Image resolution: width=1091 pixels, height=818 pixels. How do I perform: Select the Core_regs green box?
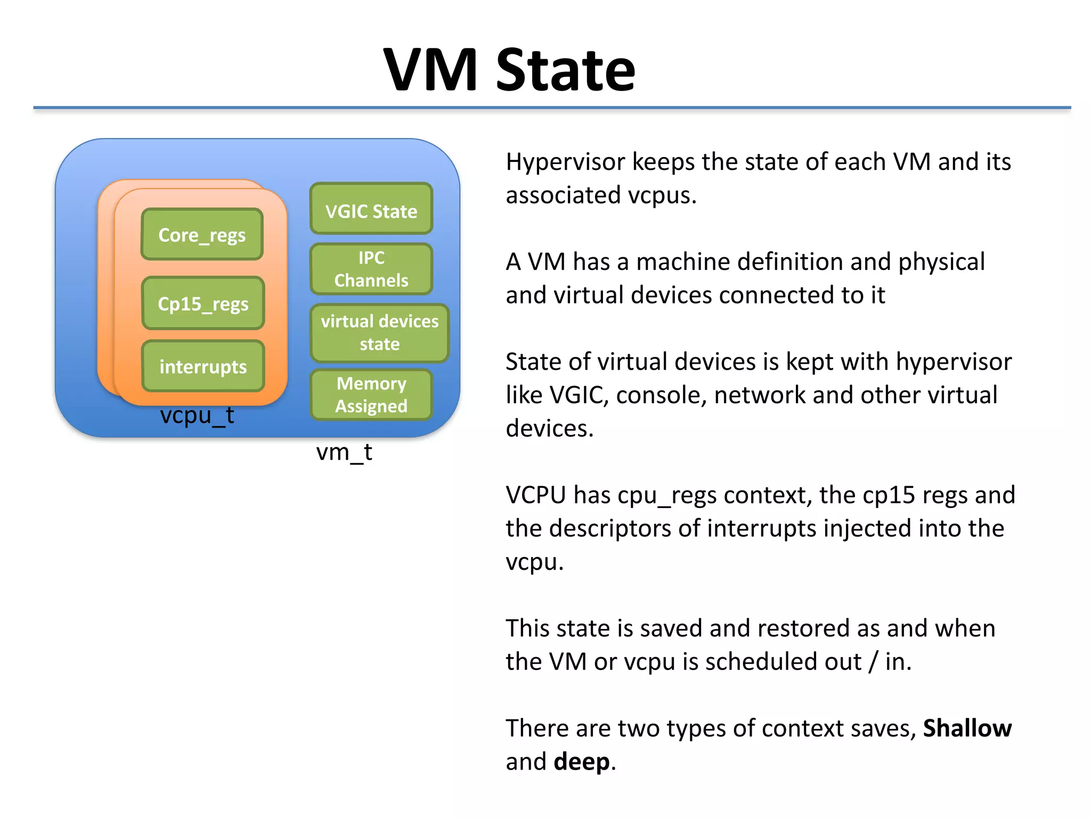pyautogui.click(x=202, y=235)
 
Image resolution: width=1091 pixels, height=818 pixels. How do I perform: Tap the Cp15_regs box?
pyautogui.click(x=203, y=304)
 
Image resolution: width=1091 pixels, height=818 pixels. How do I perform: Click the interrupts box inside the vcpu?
pyautogui.click(x=203, y=366)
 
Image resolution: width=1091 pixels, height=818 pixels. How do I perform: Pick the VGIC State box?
pyautogui.click(x=371, y=211)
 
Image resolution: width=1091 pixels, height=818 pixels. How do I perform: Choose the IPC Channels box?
pyautogui.click(x=371, y=269)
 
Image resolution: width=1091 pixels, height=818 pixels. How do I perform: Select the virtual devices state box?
pyautogui.click(x=379, y=332)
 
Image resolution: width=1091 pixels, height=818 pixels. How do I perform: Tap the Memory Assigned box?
pyautogui.click(x=371, y=395)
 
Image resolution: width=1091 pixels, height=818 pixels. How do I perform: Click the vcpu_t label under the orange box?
pyautogui.click(x=197, y=415)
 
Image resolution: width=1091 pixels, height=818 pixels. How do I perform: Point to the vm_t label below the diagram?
pyautogui.click(x=344, y=452)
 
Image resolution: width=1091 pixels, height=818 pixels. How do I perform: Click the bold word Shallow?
pyautogui.click(x=967, y=729)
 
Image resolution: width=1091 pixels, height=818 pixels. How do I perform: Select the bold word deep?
pyautogui.click(x=581, y=762)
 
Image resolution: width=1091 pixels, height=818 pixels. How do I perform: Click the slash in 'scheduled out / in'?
pyautogui.click(x=873, y=662)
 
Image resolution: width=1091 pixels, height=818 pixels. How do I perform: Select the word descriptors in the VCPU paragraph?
pyautogui.click(x=609, y=529)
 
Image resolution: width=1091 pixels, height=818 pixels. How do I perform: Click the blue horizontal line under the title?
pyautogui.click(x=552, y=108)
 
